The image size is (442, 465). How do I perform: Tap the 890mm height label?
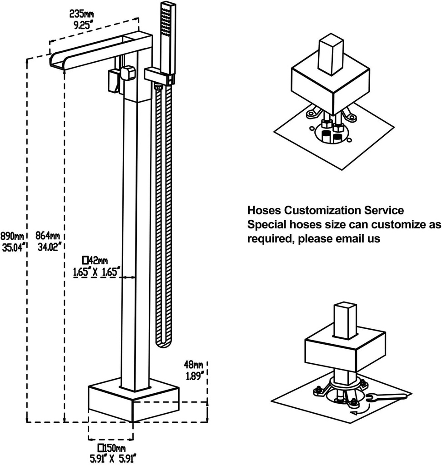pos(12,237)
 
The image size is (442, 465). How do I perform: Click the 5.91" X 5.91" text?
pos(111,458)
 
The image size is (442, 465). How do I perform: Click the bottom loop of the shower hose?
pos(162,343)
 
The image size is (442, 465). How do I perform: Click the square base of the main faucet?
pos(133,400)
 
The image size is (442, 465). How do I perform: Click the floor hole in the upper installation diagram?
pos(332,134)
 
